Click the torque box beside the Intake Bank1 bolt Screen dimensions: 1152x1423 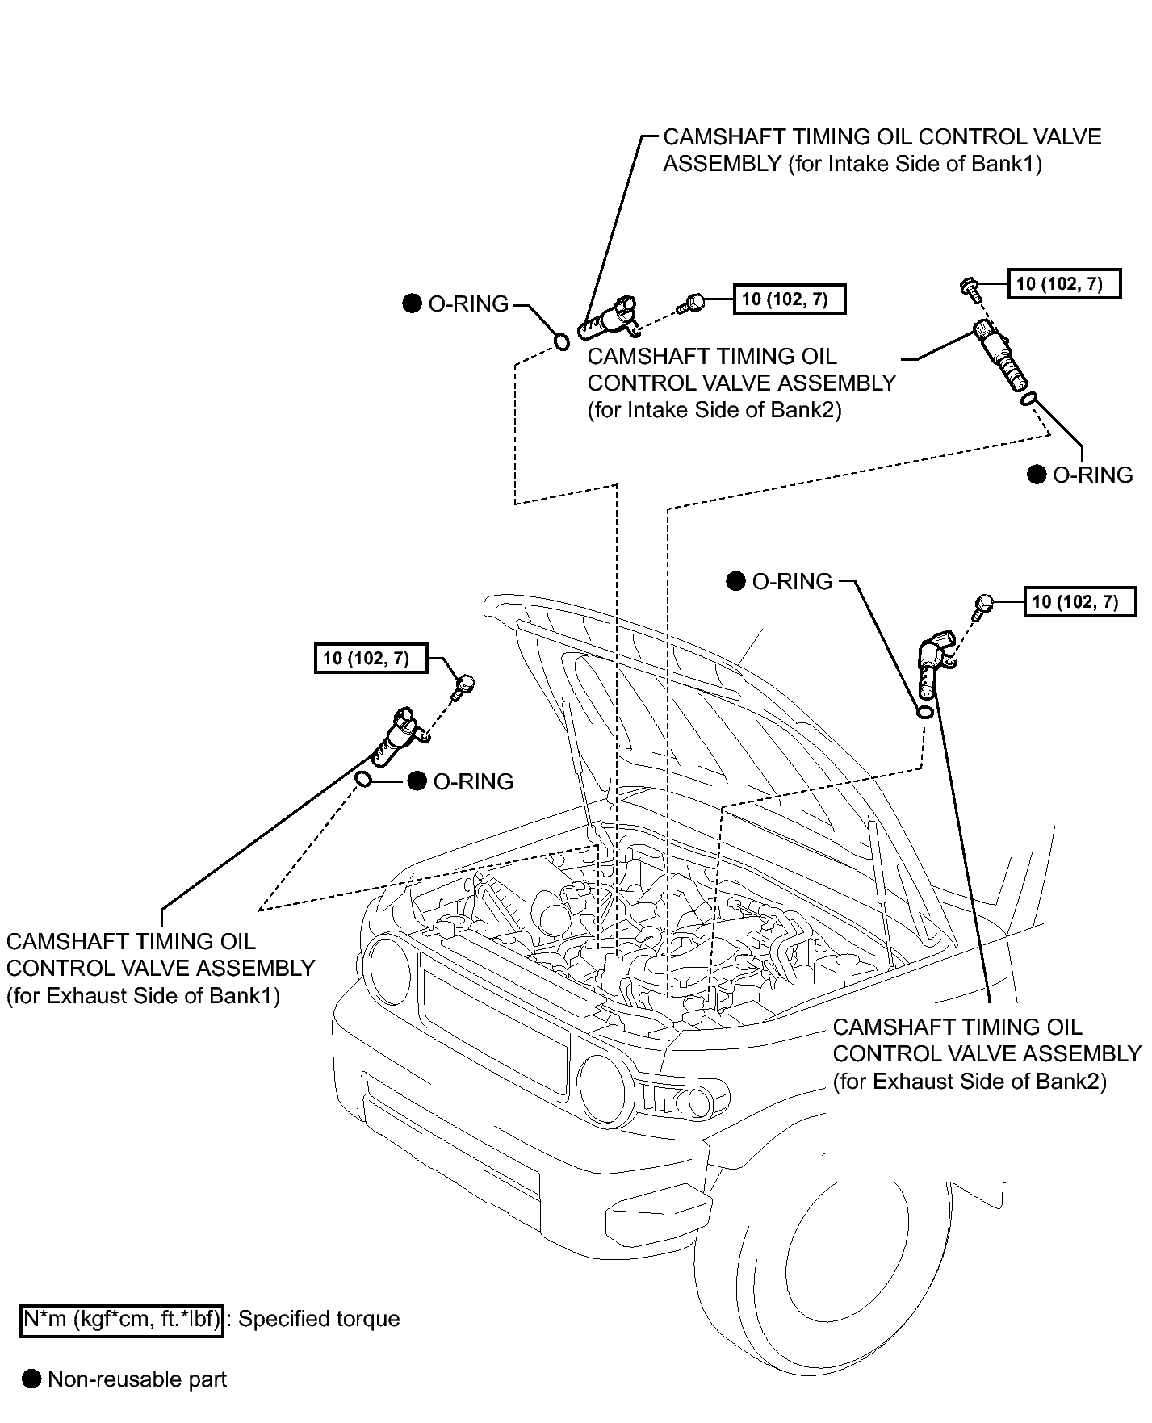789,299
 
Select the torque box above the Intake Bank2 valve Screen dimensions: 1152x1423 1064,283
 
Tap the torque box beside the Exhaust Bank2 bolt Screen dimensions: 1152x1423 1079,601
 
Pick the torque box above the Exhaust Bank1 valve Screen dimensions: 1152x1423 371,658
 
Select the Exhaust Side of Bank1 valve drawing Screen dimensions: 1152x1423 400,735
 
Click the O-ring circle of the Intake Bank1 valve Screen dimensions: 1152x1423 561,344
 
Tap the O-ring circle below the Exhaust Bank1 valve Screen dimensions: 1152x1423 364,780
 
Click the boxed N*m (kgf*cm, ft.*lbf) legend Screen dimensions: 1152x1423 121,1319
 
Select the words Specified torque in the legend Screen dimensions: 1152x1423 320,1319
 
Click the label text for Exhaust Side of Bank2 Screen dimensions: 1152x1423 987,1054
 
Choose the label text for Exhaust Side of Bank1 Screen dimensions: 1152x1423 160,969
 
